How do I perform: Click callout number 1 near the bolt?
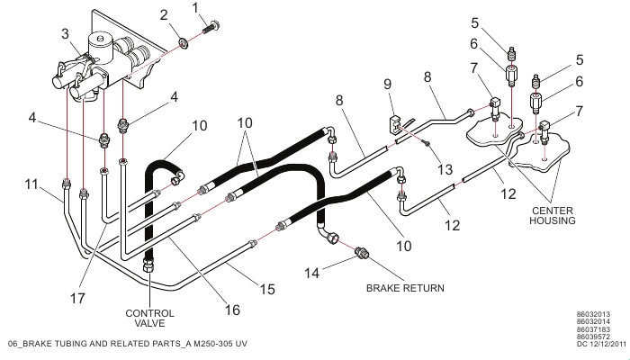coord(195,8)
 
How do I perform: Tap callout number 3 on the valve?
coord(65,34)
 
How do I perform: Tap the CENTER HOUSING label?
coord(551,214)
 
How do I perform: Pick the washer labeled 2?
coord(183,41)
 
